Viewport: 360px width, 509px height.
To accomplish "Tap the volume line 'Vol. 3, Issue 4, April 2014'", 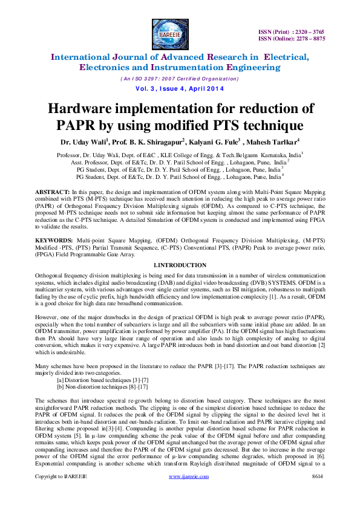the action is [180, 89].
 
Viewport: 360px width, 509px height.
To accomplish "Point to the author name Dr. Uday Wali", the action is [85, 143].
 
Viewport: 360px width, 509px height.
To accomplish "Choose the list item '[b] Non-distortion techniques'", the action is [101, 386].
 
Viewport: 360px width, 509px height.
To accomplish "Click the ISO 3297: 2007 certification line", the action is [180, 79].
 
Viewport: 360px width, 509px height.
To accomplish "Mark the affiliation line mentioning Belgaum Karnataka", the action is [180, 155].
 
